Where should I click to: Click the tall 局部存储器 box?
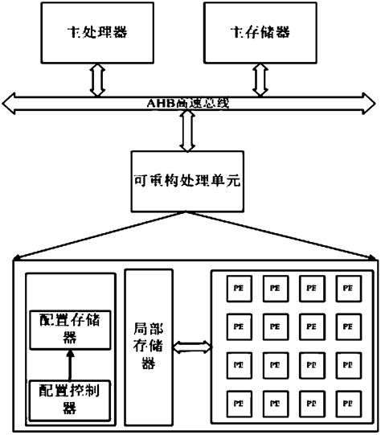[x=149, y=347]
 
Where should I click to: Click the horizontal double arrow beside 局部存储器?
[x=191, y=347]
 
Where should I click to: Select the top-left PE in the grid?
[x=237, y=287]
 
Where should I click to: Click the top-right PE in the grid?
[x=346, y=287]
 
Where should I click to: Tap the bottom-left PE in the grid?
[x=237, y=400]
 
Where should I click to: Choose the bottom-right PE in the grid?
[x=346, y=400]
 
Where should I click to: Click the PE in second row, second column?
[x=274, y=326]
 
